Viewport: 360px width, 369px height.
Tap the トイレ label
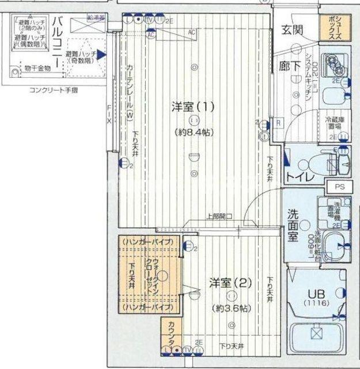coord(300,177)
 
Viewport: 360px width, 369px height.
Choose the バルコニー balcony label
coord(57,42)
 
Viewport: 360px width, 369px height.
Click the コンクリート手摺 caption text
coord(55,91)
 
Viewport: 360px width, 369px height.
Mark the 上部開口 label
coord(219,217)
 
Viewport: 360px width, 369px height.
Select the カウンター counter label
coord(170,332)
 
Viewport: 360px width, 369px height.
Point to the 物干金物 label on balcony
coord(37,68)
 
